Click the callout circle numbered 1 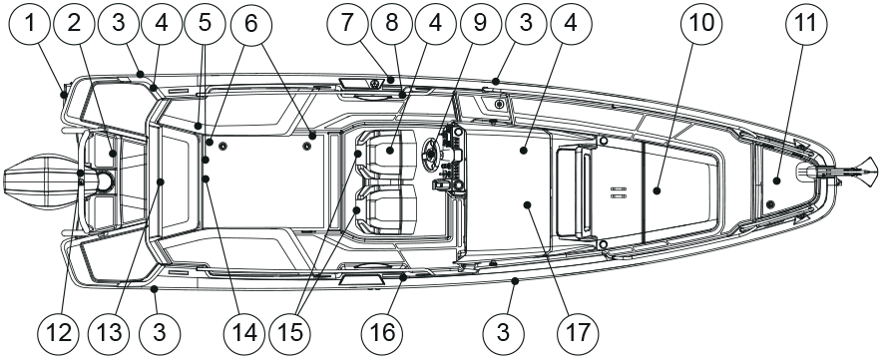coord(30,25)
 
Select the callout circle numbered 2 coord(74,25)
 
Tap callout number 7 coord(347,25)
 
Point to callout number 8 coord(391,25)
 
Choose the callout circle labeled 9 coord(480,25)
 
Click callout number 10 coord(701,25)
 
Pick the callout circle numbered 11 coord(806,25)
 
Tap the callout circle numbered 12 coord(59,334)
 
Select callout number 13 coord(109,334)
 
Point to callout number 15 coord(290,334)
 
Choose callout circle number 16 coord(382,334)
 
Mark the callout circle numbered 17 coord(578,334)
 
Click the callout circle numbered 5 coord(205,25)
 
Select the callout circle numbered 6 coord(251,25)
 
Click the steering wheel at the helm coord(432,153)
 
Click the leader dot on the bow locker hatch coord(776,180)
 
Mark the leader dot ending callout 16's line coord(403,277)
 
